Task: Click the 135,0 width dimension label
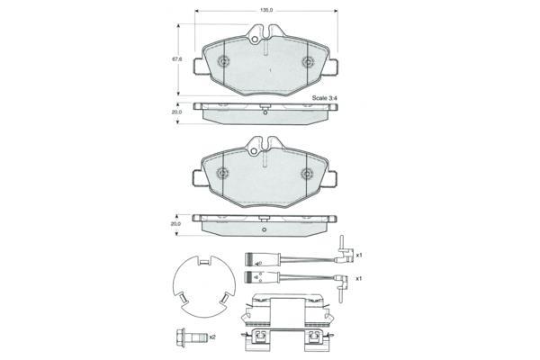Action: (265, 11)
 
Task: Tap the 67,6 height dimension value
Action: (176, 59)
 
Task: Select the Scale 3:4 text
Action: (324, 98)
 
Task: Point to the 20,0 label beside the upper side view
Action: (176, 112)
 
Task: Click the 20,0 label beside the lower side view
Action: (175, 224)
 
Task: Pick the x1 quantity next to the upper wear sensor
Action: (359, 256)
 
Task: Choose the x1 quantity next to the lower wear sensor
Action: (358, 278)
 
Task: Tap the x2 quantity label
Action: (212, 337)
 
